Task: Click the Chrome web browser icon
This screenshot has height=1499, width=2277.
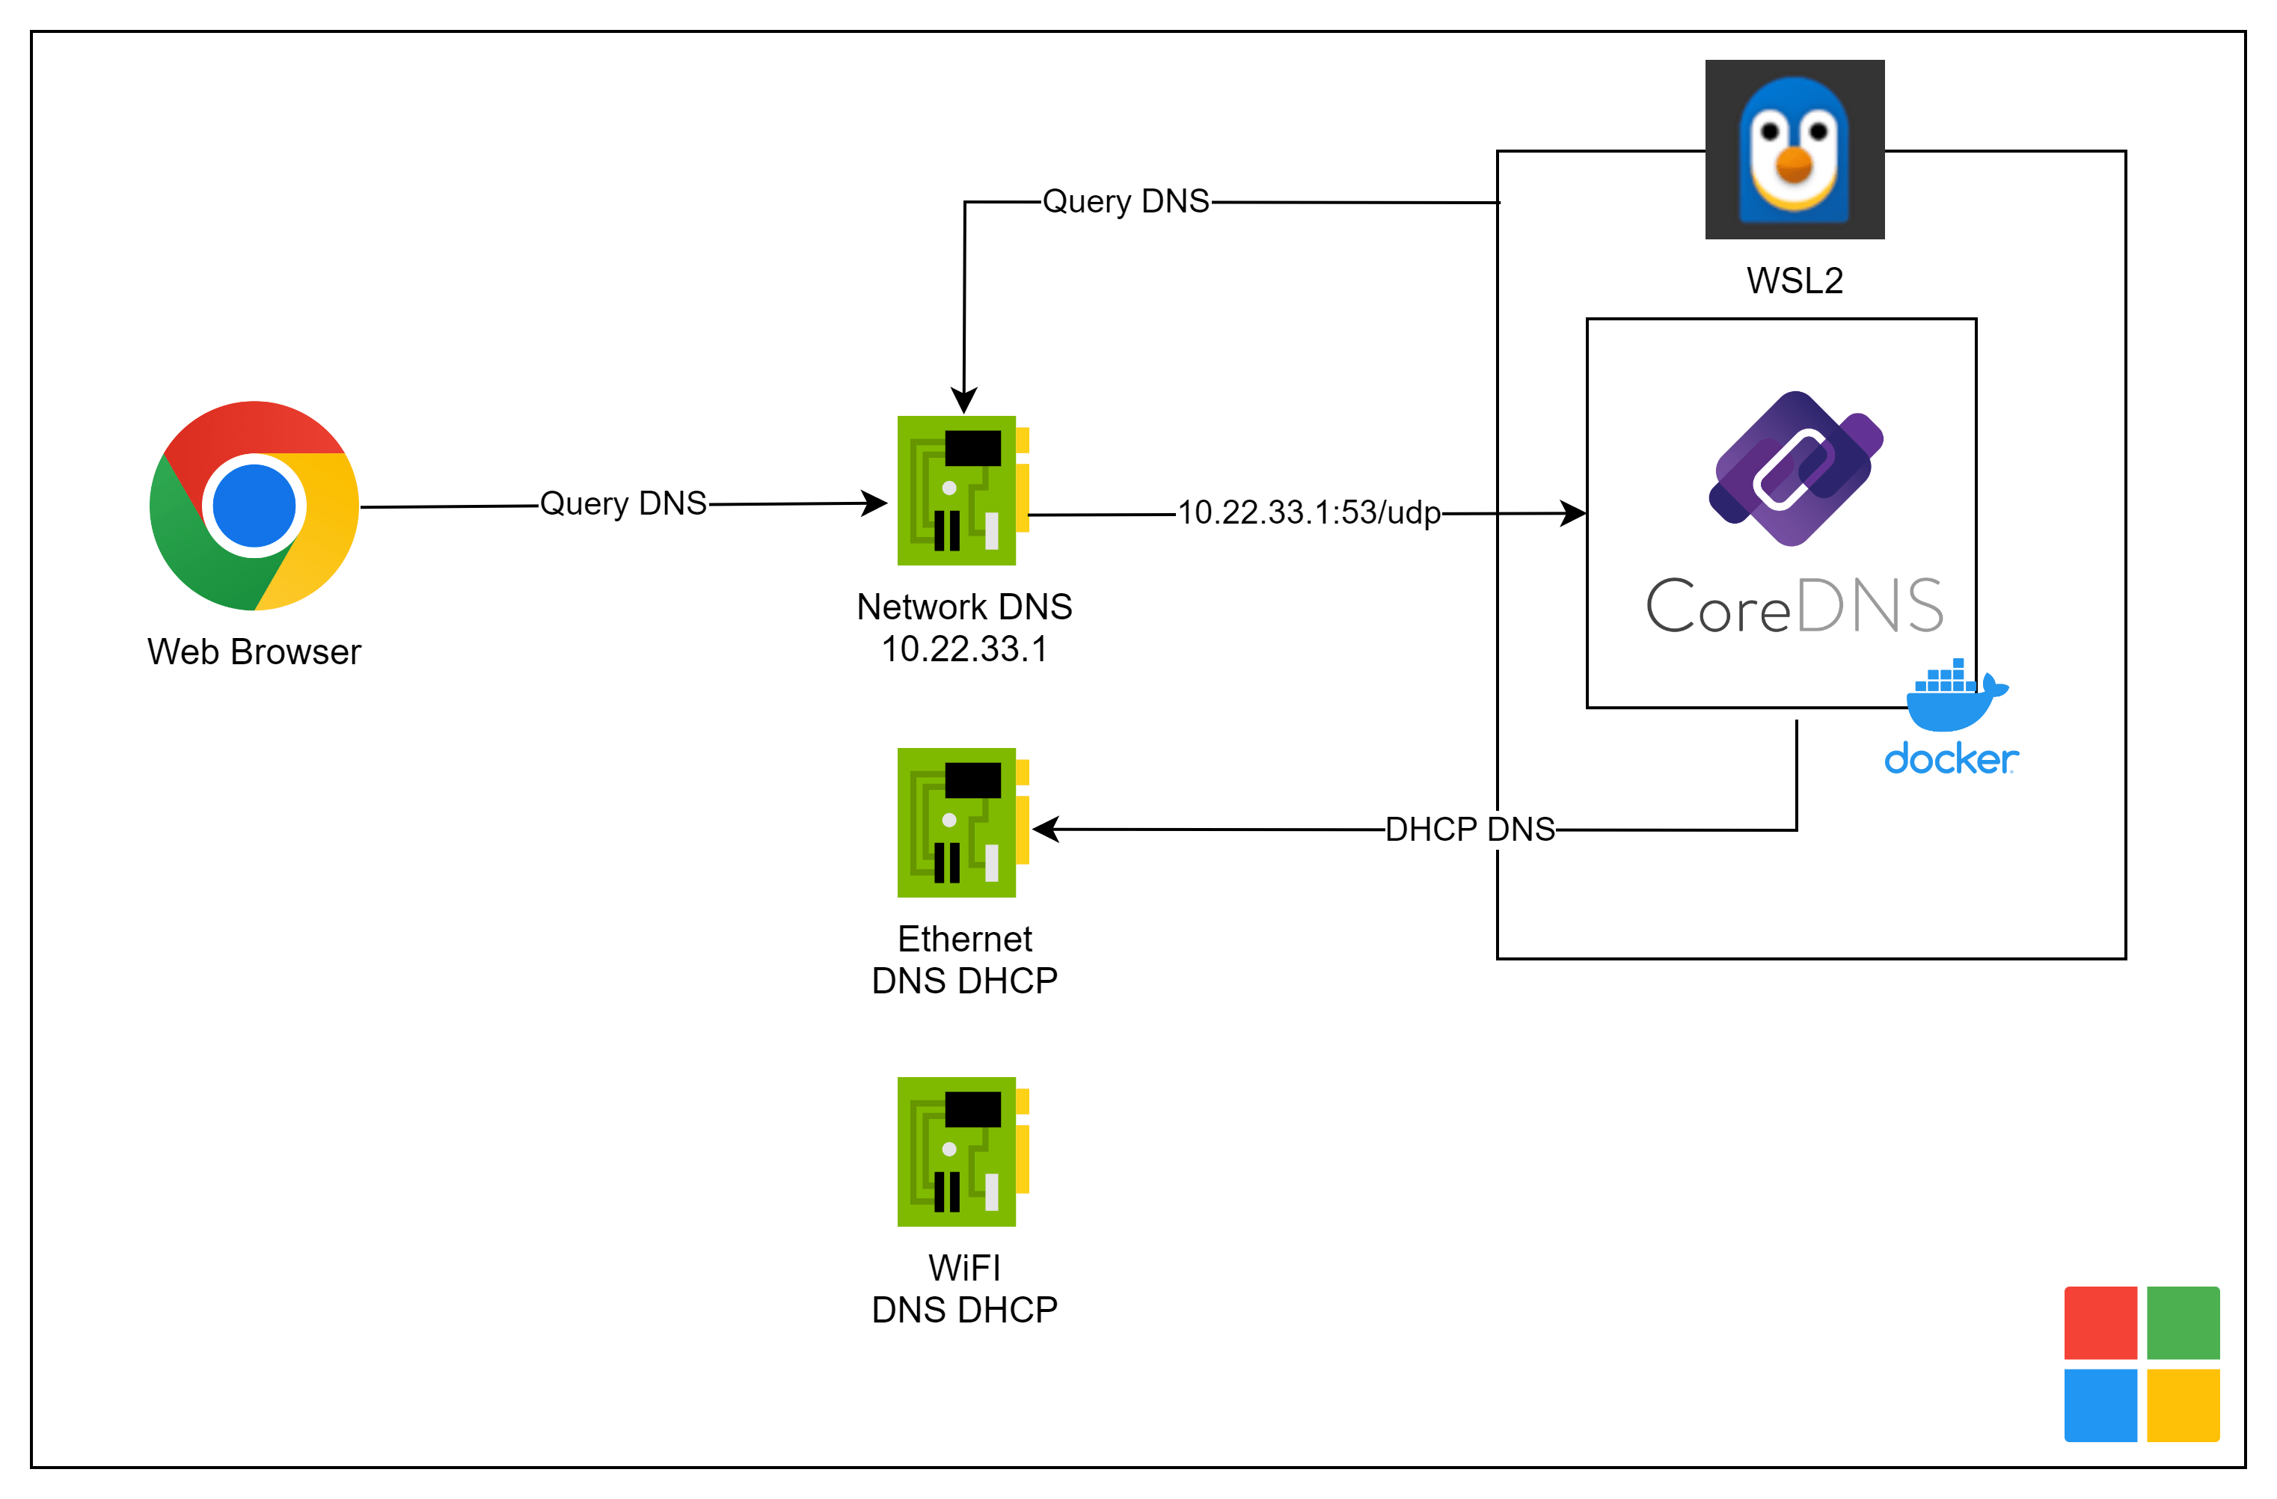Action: pyautogui.click(x=254, y=505)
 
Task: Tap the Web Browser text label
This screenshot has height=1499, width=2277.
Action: pyautogui.click(x=254, y=652)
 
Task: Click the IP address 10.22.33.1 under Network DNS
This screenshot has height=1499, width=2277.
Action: pyautogui.click(x=964, y=649)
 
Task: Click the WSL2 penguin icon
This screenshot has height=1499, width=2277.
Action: pyautogui.click(x=1794, y=150)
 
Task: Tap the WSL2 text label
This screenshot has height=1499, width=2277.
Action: pyautogui.click(x=1794, y=281)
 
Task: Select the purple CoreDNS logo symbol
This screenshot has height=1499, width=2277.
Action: pyautogui.click(x=1795, y=469)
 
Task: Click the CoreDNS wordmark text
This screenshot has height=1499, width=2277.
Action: pyautogui.click(x=1794, y=607)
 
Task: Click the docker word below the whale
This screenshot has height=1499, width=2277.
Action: pyautogui.click(x=1951, y=759)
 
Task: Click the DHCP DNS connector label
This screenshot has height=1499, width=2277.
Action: pyautogui.click(x=1470, y=830)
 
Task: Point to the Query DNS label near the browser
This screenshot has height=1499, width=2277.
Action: pyautogui.click(x=623, y=504)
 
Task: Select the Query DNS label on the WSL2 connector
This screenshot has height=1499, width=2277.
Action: pyautogui.click(x=1125, y=202)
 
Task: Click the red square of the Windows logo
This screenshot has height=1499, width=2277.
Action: pyautogui.click(x=2100, y=1323)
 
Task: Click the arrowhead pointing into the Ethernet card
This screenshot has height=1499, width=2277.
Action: pyautogui.click(x=1046, y=830)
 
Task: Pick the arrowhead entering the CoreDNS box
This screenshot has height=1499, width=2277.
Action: pyautogui.click(x=1573, y=514)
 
